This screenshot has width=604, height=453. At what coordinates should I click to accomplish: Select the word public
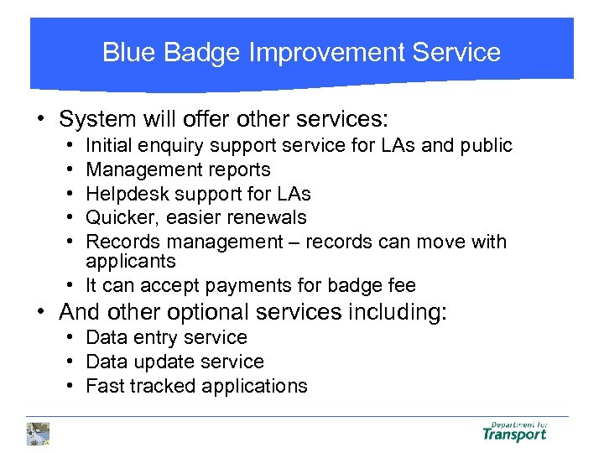point(485,146)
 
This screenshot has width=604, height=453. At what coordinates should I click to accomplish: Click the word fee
point(399,285)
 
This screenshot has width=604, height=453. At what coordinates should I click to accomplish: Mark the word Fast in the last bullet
point(104,387)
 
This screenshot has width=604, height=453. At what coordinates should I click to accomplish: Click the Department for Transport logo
point(514,432)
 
